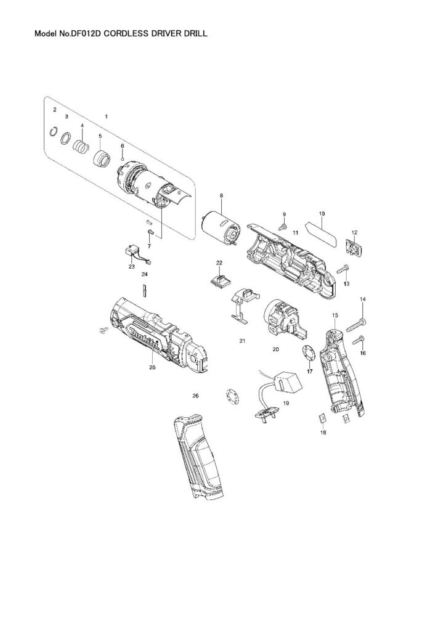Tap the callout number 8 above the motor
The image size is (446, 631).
222,196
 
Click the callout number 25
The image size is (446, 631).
152,368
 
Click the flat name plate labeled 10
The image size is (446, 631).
322,234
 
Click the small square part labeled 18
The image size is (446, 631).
321,419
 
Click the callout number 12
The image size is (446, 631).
354,232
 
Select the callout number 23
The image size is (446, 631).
131,267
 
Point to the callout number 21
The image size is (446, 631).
243,341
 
